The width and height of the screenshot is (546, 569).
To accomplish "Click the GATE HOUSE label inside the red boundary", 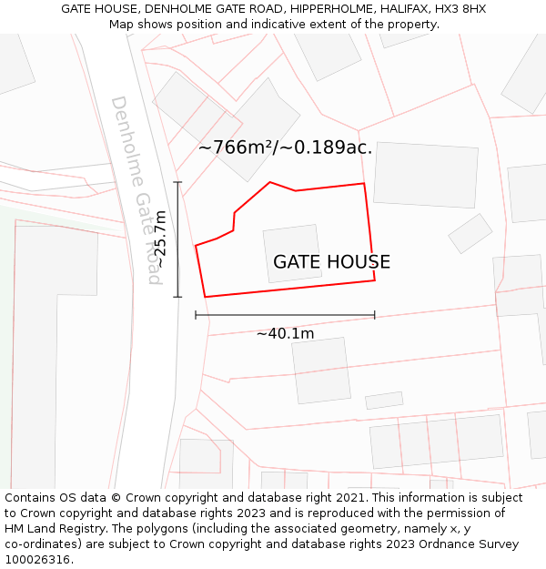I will pos(331,262).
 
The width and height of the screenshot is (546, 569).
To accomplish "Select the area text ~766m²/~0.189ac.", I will pos(285,147).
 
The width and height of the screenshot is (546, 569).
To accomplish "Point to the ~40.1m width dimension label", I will pos(285,334).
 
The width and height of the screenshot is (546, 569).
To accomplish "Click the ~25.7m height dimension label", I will pos(159,239).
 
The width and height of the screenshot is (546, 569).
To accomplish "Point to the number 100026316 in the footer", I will pos(36,560).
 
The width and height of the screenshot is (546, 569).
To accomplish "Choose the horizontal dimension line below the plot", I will pos(285,316).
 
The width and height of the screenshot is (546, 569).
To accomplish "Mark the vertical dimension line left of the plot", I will pos(177,239).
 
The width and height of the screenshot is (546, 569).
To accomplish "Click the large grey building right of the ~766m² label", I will pos(426,174).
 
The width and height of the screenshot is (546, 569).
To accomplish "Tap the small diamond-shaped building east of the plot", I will pos(470,234).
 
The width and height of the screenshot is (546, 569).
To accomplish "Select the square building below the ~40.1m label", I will pos(321,371).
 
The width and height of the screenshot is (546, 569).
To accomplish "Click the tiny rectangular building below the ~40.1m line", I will pos(384,401).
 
